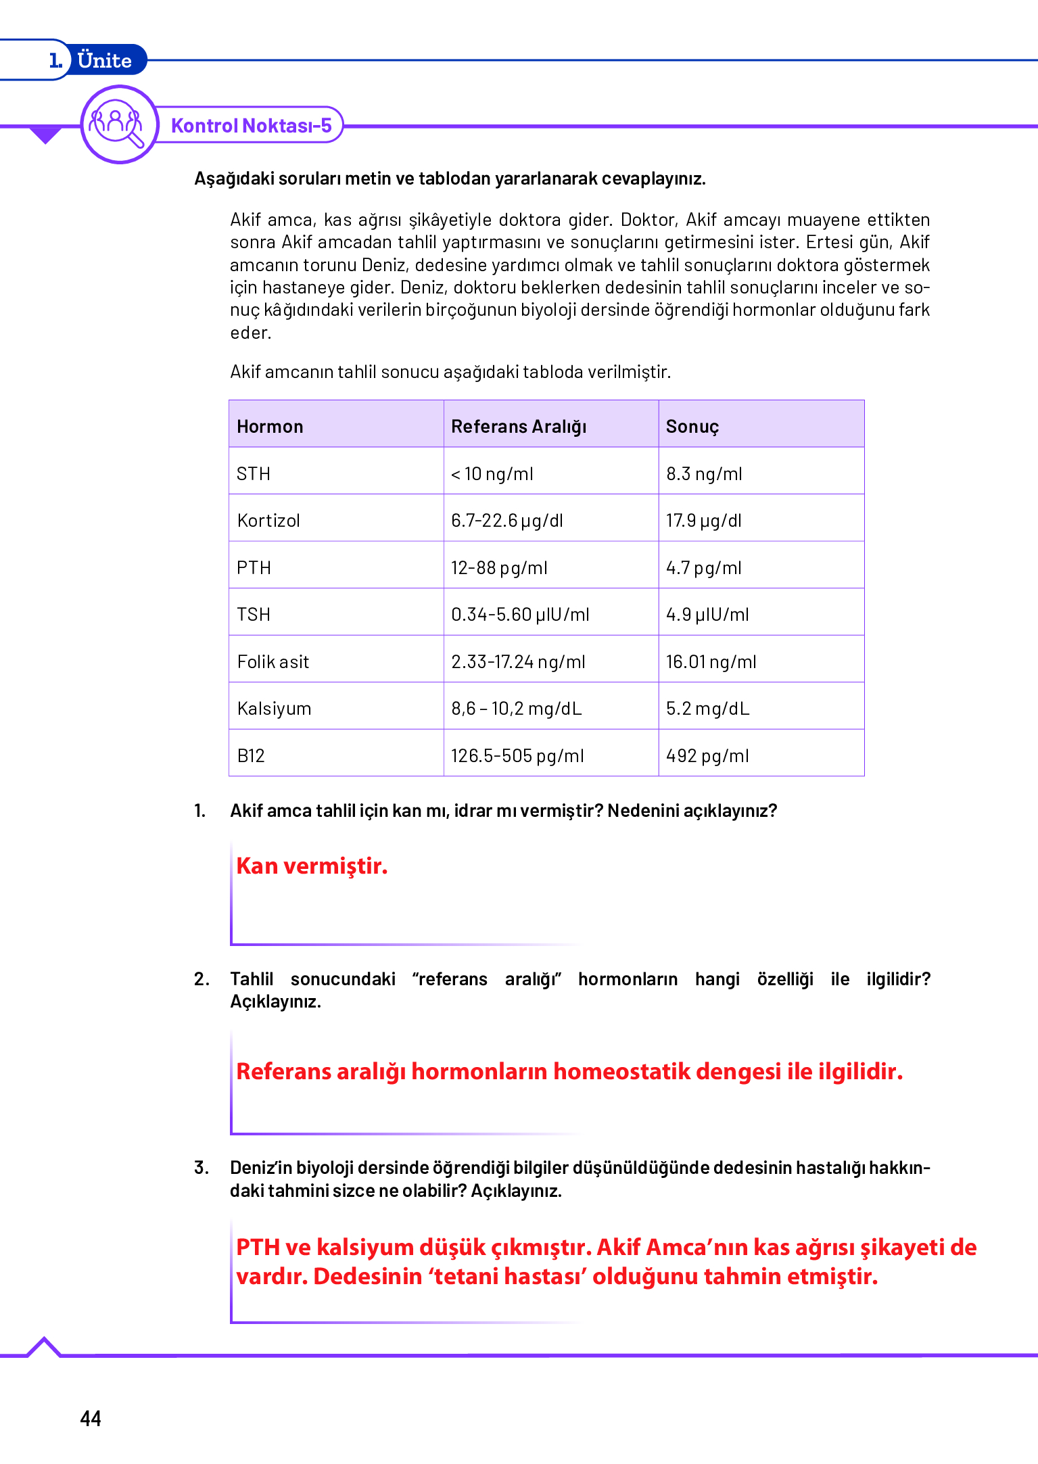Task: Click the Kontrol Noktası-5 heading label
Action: click(251, 126)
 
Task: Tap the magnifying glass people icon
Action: click(118, 124)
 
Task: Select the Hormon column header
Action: click(270, 427)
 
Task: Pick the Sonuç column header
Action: click(692, 427)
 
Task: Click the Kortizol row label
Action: click(268, 521)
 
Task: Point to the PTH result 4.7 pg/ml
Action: click(703, 568)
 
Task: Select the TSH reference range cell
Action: click(520, 615)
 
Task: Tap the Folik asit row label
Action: click(273, 662)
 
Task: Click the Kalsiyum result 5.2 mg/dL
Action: click(707, 709)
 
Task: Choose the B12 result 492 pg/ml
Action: click(707, 756)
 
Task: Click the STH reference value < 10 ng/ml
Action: click(492, 474)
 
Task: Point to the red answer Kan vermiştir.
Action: click(312, 866)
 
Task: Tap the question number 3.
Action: click(201, 1168)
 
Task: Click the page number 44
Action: click(91, 1418)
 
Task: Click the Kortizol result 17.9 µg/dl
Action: click(703, 521)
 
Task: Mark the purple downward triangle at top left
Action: click(45, 135)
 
